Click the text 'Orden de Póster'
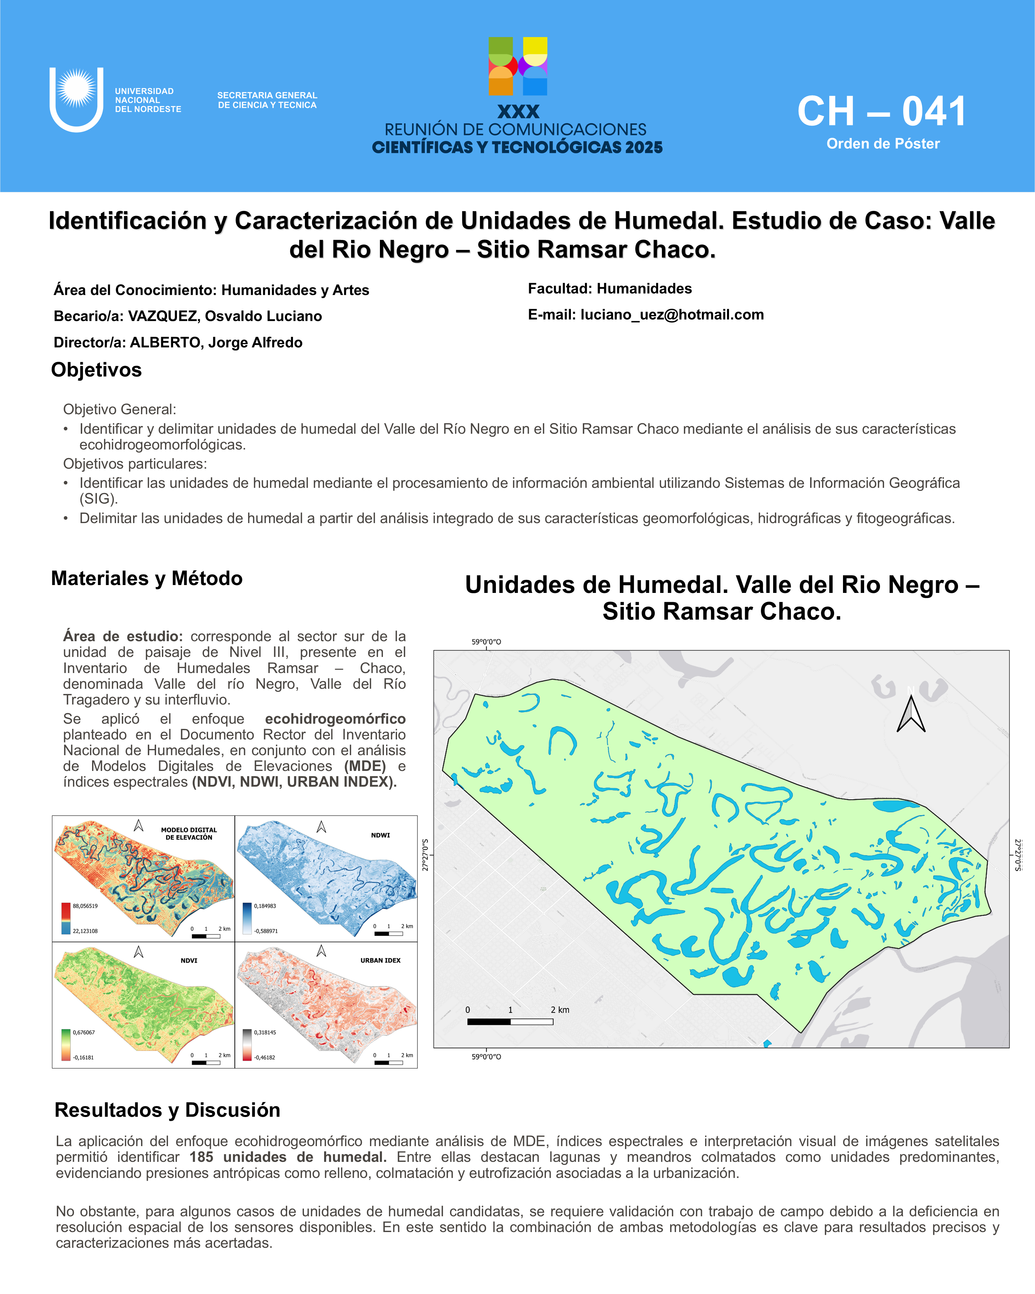(883, 144)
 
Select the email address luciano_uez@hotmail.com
(672, 315)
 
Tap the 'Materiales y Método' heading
(147, 579)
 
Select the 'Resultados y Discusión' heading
(167, 1111)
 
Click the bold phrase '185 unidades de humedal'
(287, 1157)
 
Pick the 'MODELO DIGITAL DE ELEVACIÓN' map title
(189, 834)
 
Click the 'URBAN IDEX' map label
(380, 960)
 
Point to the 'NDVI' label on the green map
(189, 960)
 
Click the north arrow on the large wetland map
(911, 714)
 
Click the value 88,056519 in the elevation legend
(85, 906)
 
